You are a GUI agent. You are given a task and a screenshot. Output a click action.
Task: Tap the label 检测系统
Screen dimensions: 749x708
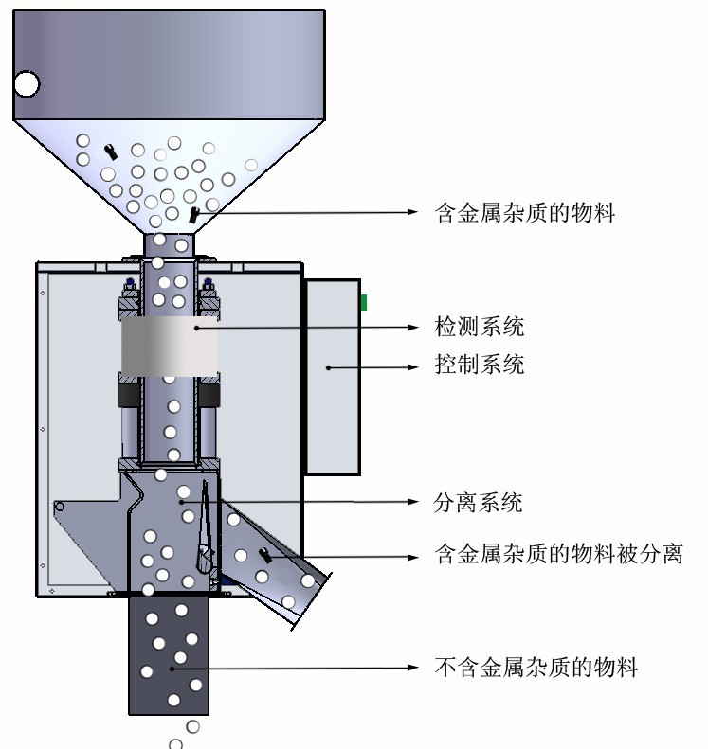point(478,328)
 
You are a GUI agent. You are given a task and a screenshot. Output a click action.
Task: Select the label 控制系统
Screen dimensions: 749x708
point(478,365)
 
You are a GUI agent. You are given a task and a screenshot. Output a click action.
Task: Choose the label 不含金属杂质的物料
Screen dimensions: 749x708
point(536,668)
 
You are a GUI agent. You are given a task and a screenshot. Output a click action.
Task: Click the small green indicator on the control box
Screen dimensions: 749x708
point(363,302)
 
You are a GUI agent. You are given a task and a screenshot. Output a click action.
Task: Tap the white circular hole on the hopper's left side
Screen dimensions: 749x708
point(26,85)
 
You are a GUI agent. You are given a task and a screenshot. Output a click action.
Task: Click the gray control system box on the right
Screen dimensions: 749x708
point(331,375)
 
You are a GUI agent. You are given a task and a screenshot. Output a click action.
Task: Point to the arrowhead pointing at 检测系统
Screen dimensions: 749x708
point(413,328)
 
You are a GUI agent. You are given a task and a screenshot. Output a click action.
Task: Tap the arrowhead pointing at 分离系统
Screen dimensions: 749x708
point(413,502)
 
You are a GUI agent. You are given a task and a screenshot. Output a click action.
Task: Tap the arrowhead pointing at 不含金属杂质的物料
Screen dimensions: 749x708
point(413,668)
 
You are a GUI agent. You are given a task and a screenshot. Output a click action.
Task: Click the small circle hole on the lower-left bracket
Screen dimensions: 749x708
point(61,508)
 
